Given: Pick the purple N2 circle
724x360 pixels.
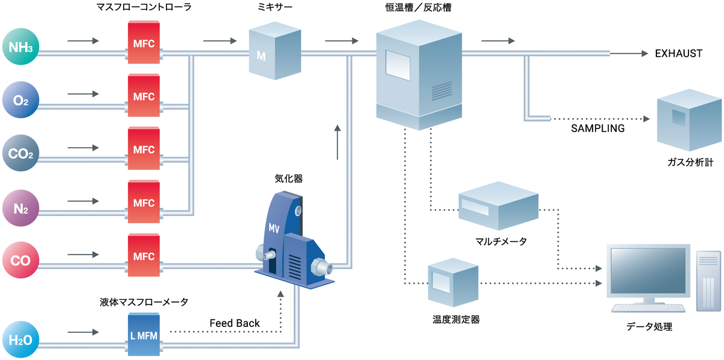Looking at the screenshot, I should tap(21, 207).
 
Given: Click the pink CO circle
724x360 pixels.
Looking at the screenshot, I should tap(21, 261).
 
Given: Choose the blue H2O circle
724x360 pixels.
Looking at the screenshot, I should tap(21, 339).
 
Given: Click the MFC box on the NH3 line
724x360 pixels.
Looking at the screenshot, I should tap(144, 43).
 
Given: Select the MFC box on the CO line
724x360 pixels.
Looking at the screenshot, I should tap(144, 256).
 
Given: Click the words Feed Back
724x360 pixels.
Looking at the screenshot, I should tap(235, 323).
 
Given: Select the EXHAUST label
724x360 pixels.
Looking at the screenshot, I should tap(678, 54).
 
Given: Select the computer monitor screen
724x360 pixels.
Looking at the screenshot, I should tap(647, 272).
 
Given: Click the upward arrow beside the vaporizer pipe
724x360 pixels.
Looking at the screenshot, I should tap(337, 142).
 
